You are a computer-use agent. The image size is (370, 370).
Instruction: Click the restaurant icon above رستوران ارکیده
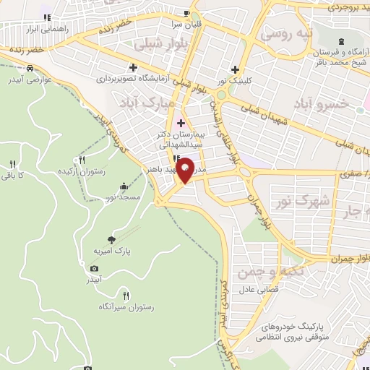(x=82, y=160)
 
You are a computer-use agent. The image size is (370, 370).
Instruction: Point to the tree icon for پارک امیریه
(x=111, y=239)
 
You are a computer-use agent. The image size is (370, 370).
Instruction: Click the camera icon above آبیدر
(x=94, y=268)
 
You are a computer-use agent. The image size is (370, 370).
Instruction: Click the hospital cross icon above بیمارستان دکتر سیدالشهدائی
(x=181, y=123)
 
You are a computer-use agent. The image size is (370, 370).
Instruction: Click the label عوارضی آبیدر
(x=33, y=80)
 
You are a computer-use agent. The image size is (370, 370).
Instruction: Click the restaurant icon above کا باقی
(x=12, y=161)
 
